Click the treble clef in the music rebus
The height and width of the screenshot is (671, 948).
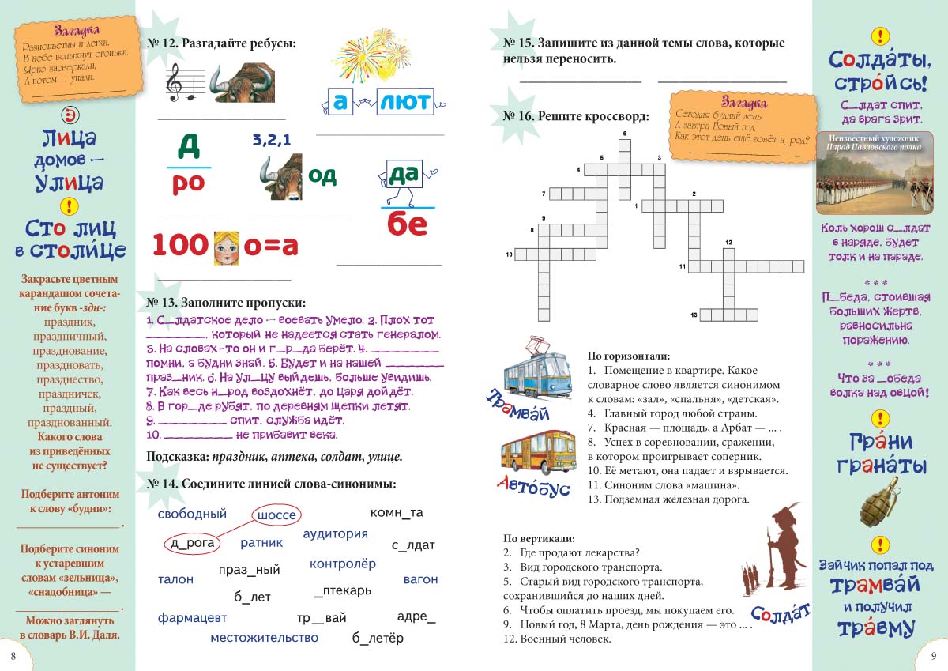point(174,81)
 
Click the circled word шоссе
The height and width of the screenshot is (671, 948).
point(276,515)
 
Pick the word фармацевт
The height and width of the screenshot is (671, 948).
point(192,617)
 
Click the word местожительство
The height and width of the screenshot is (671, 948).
point(265,637)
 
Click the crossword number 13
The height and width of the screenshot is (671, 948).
point(694,315)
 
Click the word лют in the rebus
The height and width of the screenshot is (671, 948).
point(404,101)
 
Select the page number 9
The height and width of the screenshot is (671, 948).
point(933,655)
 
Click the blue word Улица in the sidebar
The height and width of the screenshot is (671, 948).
point(69,183)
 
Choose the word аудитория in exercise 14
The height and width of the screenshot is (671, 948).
point(335,533)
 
